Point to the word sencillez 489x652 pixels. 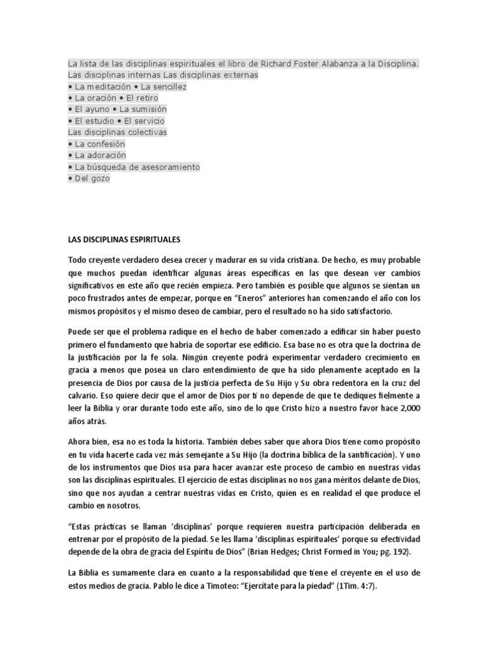point(167,87)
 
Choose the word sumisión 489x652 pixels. point(153,110)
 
